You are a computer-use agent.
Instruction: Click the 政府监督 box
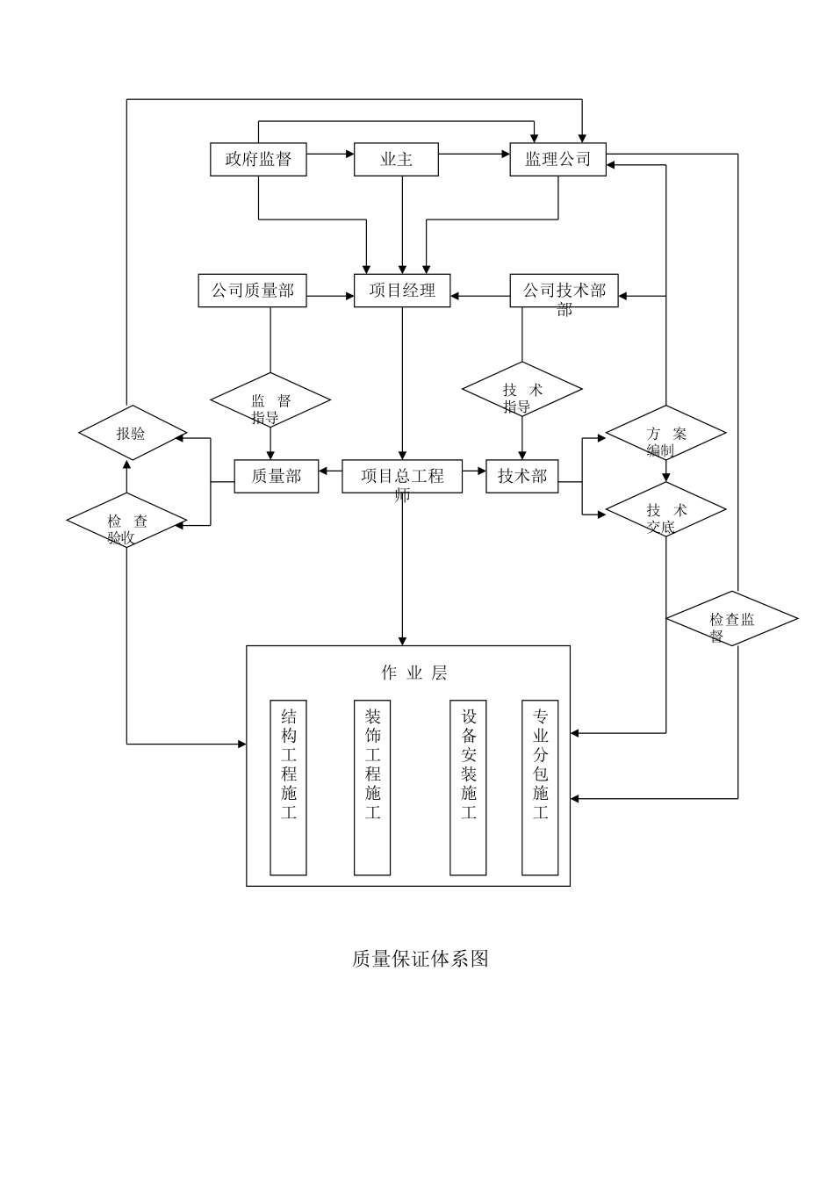(258, 160)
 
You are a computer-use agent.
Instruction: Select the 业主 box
(396, 160)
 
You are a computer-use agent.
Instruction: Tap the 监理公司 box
(557, 160)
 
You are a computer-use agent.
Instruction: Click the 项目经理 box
(402, 291)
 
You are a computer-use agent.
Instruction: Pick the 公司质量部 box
(252, 291)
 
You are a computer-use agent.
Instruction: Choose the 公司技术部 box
(564, 291)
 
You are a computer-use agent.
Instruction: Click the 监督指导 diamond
(270, 400)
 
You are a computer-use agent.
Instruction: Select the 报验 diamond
(133, 433)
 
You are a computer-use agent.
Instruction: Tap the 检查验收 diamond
(126, 522)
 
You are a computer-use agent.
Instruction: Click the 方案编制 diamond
(666, 433)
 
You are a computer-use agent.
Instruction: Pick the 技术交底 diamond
(666, 510)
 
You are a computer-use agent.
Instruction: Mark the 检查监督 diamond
(732, 619)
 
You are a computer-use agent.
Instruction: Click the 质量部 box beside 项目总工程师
(276, 476)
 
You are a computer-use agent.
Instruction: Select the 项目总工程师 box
(402, 476)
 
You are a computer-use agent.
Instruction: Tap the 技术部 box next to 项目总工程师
(522, 476)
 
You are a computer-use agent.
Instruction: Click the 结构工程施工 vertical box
(288, 788)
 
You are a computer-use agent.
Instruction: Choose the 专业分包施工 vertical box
(540, 788)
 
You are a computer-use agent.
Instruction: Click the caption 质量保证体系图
(420, 959)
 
